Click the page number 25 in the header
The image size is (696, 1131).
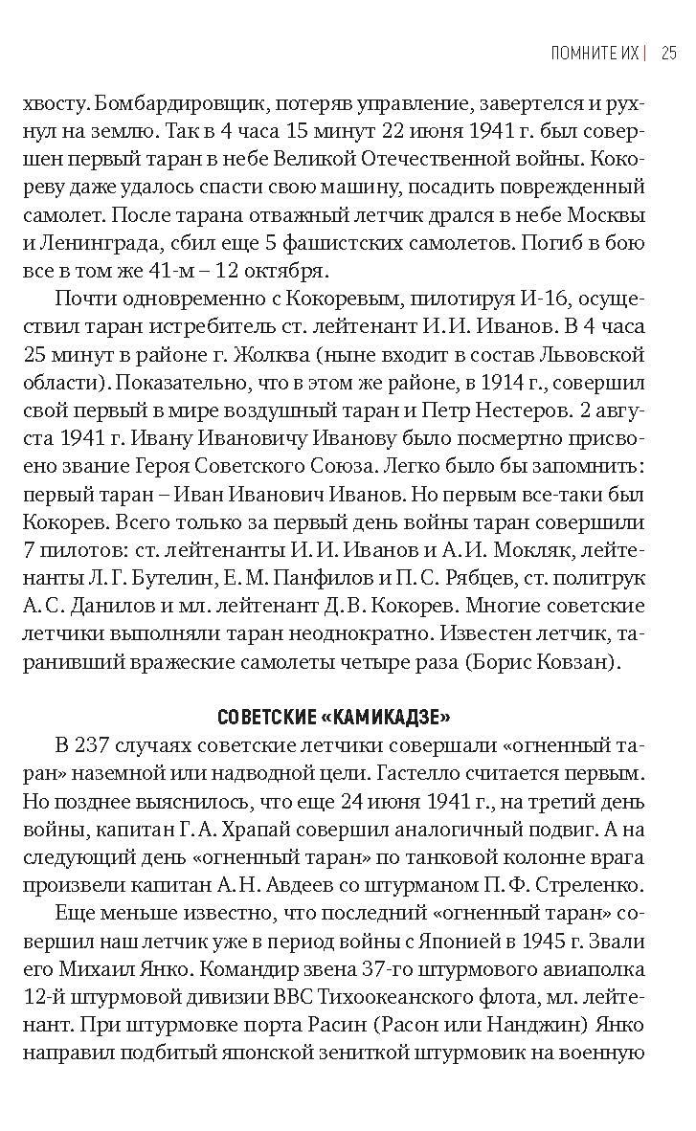[x=668, y=53]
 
